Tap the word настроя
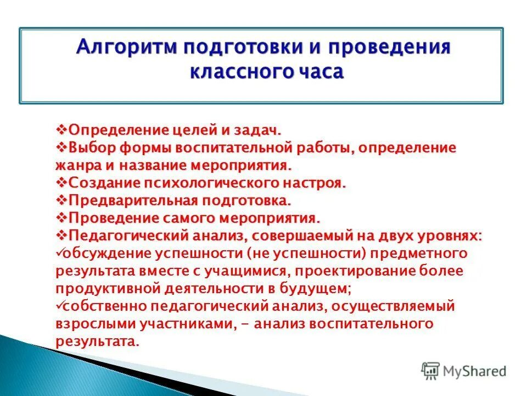[x=318, y=182]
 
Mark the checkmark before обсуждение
[x=59, y=252]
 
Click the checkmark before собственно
[x=59, y=305]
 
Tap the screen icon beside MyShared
[x=431, y=371]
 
